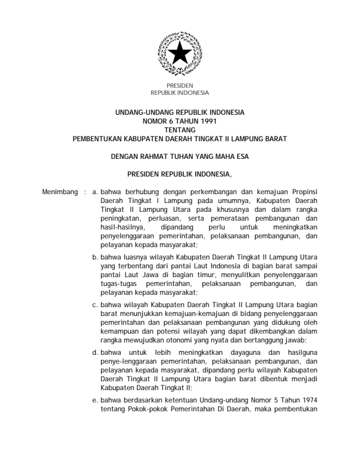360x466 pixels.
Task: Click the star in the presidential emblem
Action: tap(180, 55)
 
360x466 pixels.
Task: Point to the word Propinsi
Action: tap(304, 192)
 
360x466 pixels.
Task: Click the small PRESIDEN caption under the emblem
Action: tap(180, 86)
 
